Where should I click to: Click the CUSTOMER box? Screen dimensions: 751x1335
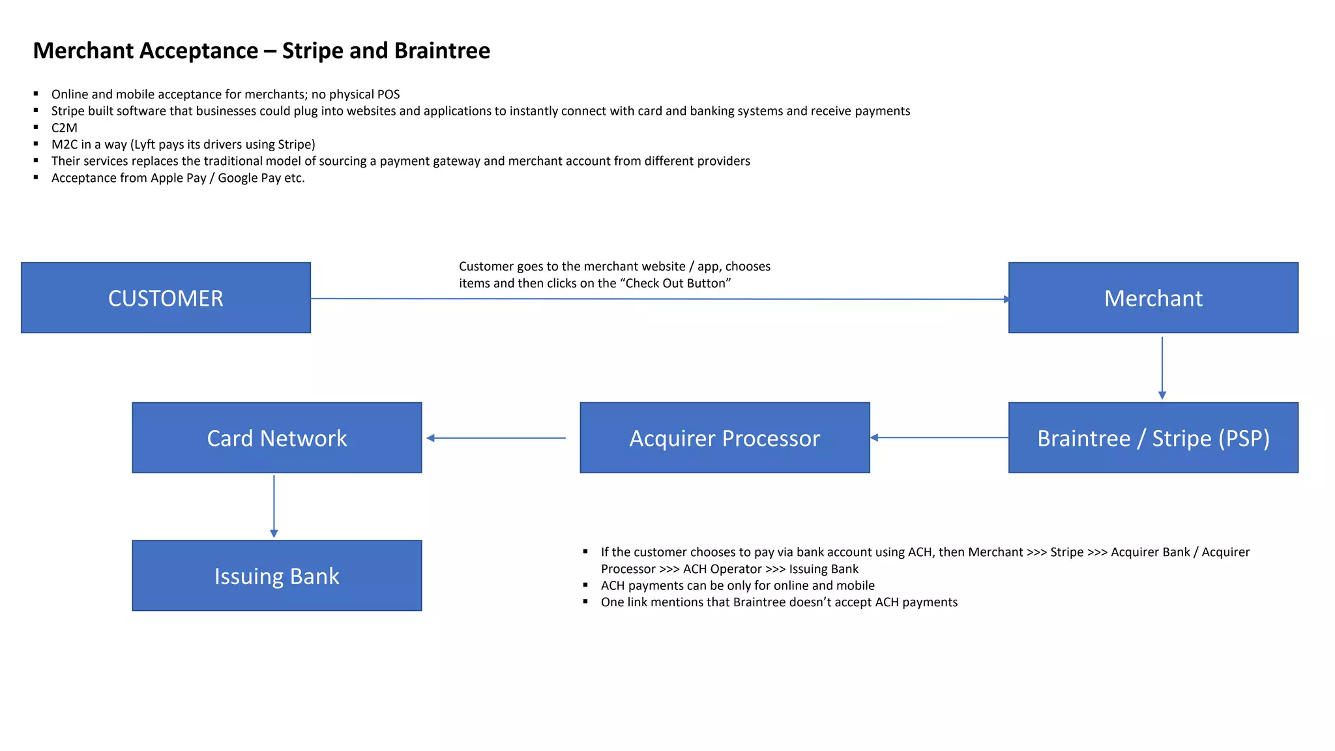click(x=166, y=298)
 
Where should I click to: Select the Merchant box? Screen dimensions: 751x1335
click(x=1152, y=298)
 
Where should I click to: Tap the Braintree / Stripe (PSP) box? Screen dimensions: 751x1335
click(x=1152, y=437)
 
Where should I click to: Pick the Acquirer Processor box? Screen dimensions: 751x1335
click(x=724, y=437)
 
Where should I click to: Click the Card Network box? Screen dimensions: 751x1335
click(x=276, y=437)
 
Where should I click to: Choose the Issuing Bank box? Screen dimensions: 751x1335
click(x=276, y=576)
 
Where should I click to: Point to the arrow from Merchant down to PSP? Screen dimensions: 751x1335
click(x=1162, y=368)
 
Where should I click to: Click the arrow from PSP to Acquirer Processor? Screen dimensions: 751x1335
click(x=939, y=437)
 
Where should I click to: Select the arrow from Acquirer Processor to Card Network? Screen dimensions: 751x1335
click(x=495, y=438)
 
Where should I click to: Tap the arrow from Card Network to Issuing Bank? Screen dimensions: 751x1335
click(x=274, y=506)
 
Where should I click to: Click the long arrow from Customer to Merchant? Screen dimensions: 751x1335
click(x=658, y=299)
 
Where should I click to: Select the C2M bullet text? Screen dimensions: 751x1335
click(x=64, y=128)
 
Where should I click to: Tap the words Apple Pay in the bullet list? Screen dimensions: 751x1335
click(x=178, y=178)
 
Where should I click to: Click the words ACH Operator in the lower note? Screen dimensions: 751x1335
click(x=722, y=569)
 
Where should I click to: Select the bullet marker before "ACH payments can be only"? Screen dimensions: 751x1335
click(x=585, y=585)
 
